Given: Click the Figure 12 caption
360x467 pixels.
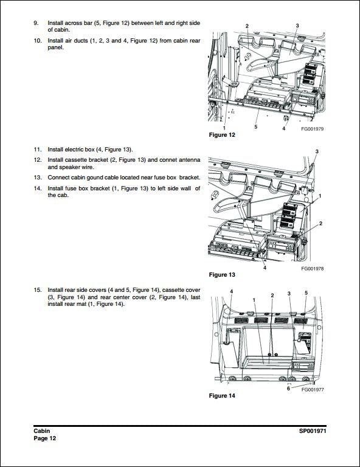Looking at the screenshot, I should point(222,134).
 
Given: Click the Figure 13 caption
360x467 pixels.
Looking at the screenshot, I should point(222,275).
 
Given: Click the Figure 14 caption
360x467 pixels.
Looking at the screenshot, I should point(222,396).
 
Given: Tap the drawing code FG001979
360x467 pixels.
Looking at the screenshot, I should point(312,128).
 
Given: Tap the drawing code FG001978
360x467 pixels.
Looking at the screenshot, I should point(312,268).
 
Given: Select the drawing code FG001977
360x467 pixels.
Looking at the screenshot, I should point(312,390).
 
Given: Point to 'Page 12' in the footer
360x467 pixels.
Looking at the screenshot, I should point(45,438).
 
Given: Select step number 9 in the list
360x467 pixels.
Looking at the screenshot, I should point(36,22).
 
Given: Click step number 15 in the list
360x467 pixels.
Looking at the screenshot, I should point(37,290).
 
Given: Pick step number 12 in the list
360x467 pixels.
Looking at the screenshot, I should point(37,159).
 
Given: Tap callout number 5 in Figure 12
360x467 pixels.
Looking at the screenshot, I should point(255,127).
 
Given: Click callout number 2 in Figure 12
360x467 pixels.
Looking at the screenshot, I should point(247,26).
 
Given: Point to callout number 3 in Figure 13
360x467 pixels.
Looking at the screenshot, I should point(316,151).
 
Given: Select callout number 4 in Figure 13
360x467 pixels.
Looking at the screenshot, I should point(265,268).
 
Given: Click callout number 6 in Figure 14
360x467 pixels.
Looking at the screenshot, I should point(288,389).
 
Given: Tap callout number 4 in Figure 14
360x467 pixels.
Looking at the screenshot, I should point(232,292).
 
